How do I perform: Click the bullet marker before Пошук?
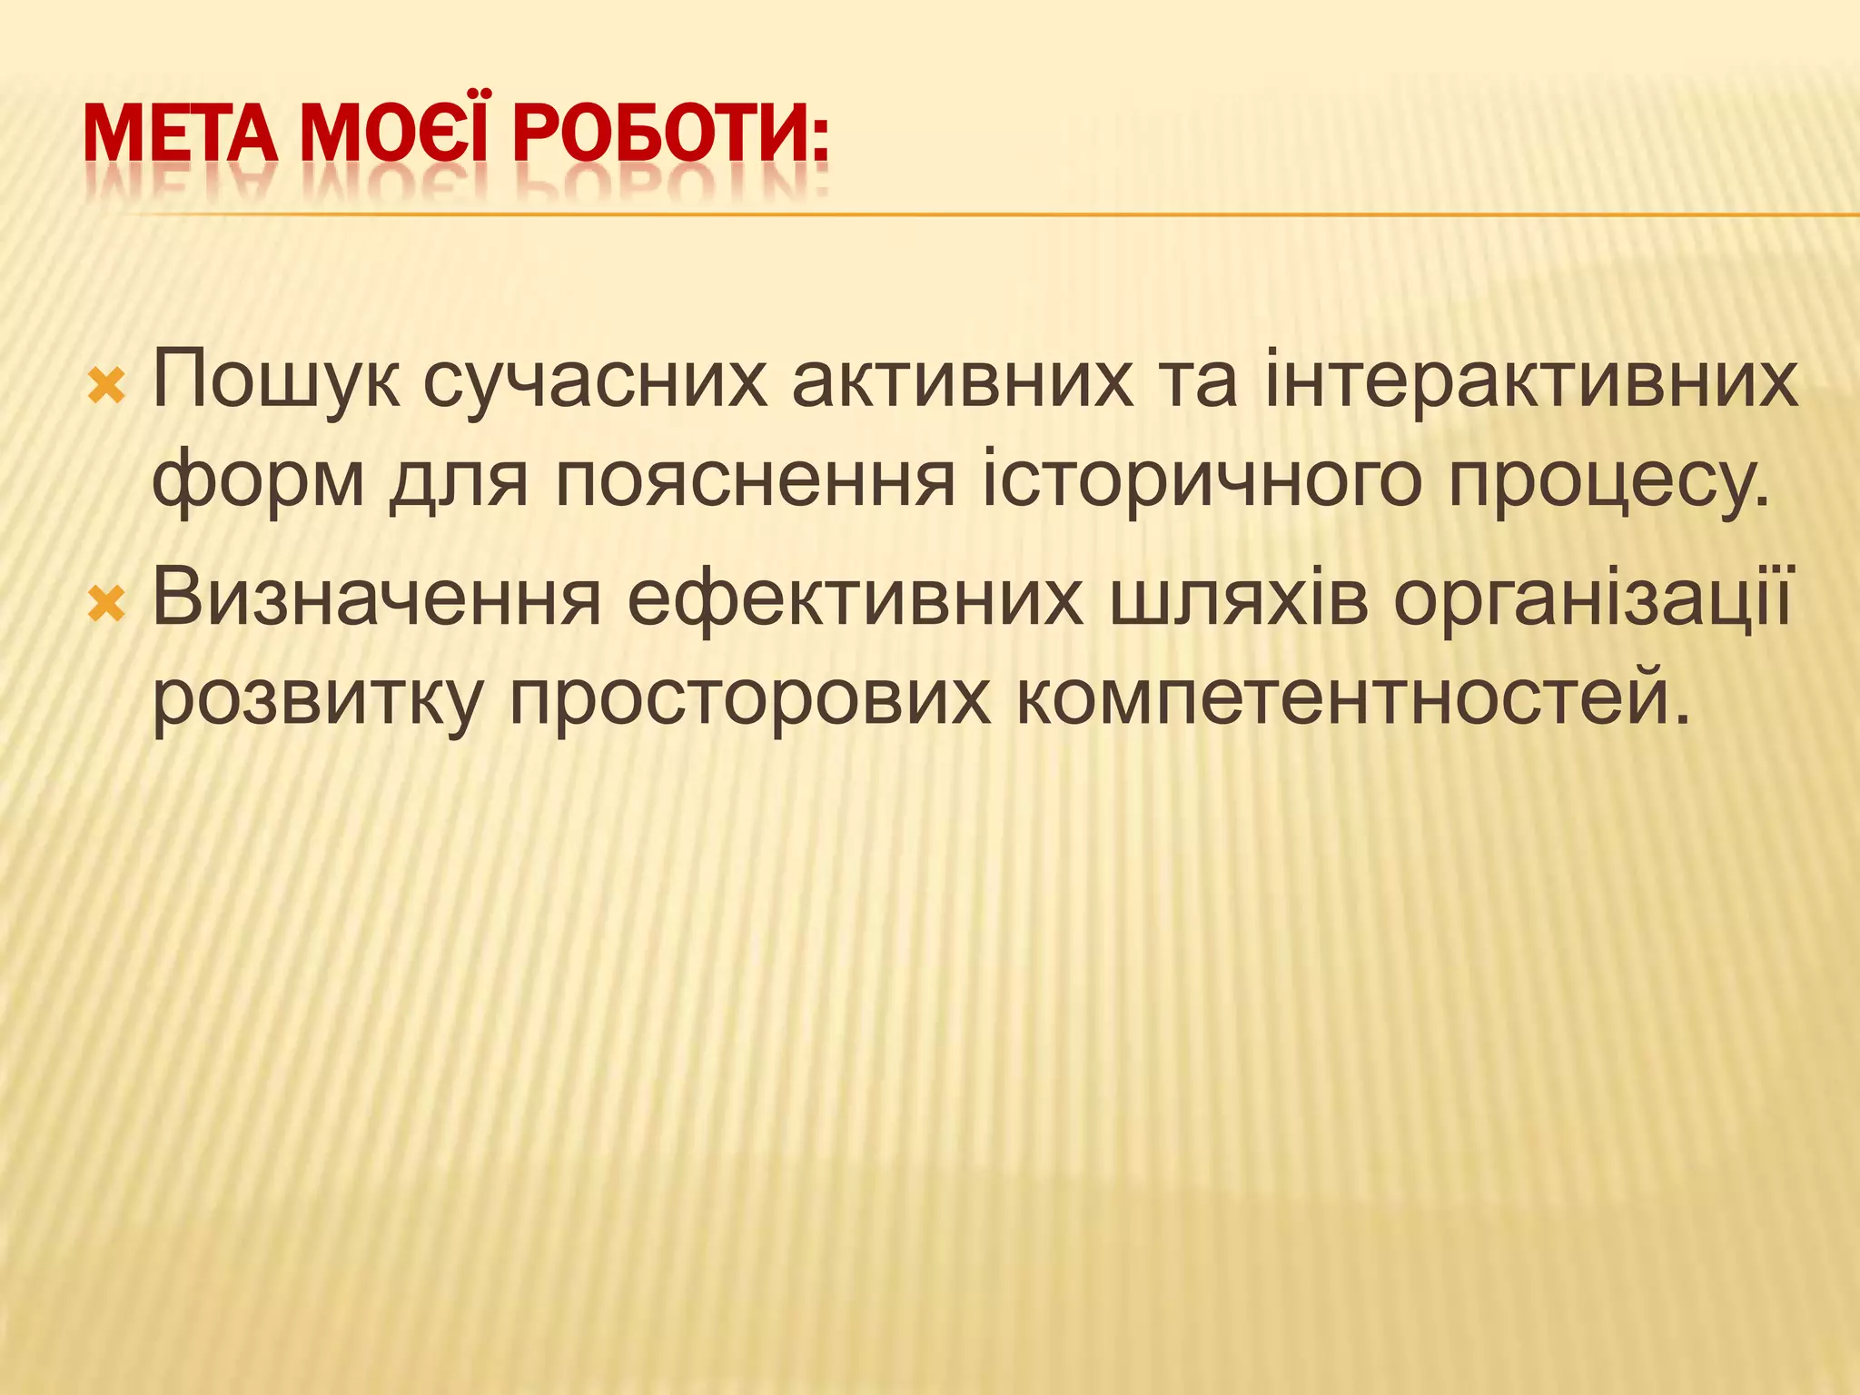point(106,388)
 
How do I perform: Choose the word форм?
point(258,481)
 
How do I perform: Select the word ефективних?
point(855,599)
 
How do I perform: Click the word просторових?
point(749,699)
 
